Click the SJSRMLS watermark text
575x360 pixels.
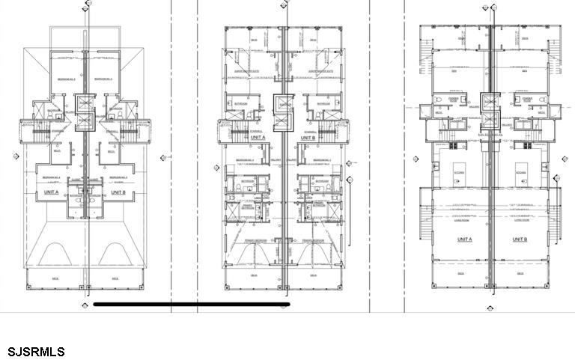point(36,352)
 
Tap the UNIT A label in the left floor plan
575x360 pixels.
point(52,192)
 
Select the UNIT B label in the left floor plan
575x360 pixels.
point(118,192)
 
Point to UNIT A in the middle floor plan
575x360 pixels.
point(258,138)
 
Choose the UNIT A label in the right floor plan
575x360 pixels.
point(465,239)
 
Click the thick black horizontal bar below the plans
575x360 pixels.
point(191,305)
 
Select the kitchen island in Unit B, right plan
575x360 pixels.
point(522,172)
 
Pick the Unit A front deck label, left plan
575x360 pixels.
point(55,278)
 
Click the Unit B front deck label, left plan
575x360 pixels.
point(115,278)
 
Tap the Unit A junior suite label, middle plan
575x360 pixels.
point(253,72)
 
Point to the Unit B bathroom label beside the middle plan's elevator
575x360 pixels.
point(323,103)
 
